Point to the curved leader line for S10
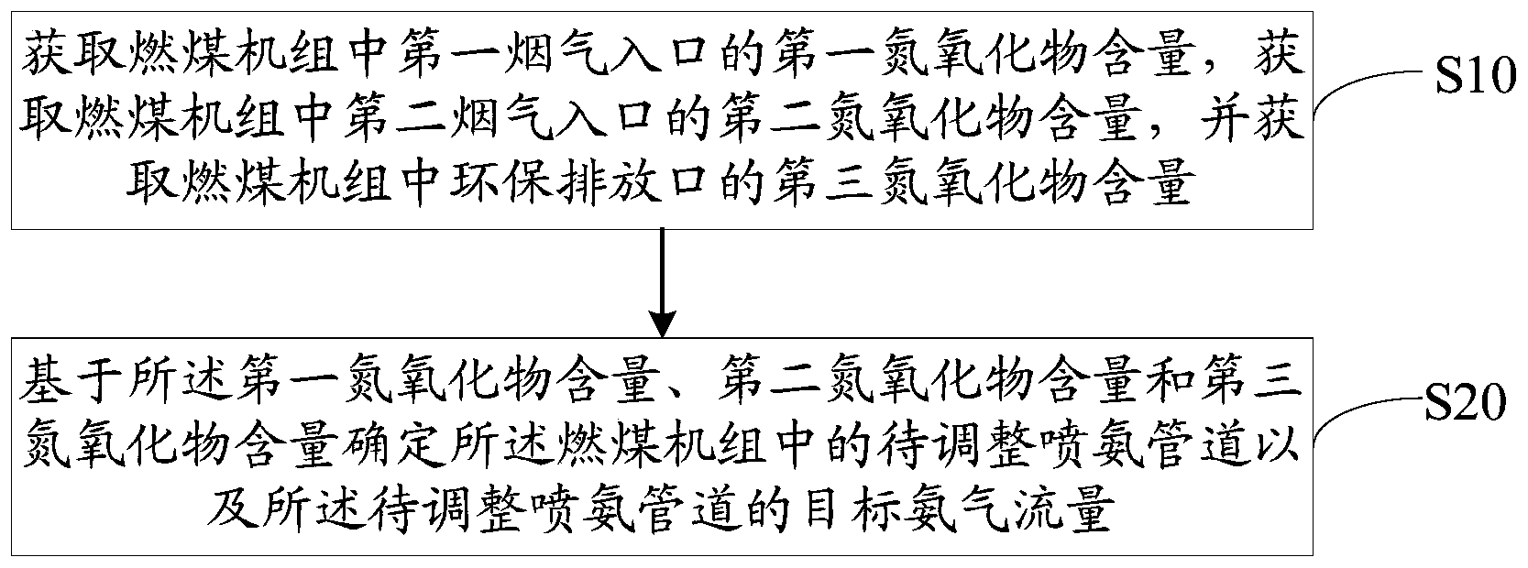tap(1366, 96)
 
